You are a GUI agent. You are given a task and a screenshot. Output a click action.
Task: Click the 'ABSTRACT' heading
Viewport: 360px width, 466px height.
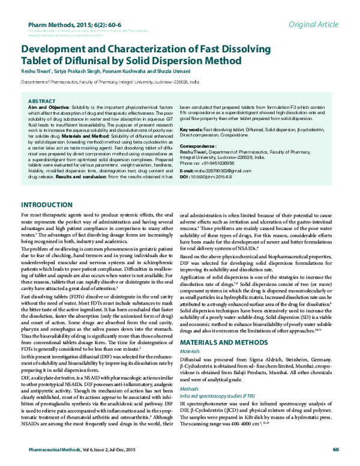(42, 101)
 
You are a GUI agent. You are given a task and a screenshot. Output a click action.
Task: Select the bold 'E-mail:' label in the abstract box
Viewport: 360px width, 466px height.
(188, 171)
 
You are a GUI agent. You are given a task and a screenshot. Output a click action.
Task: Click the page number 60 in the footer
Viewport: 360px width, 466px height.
(336, 449)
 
